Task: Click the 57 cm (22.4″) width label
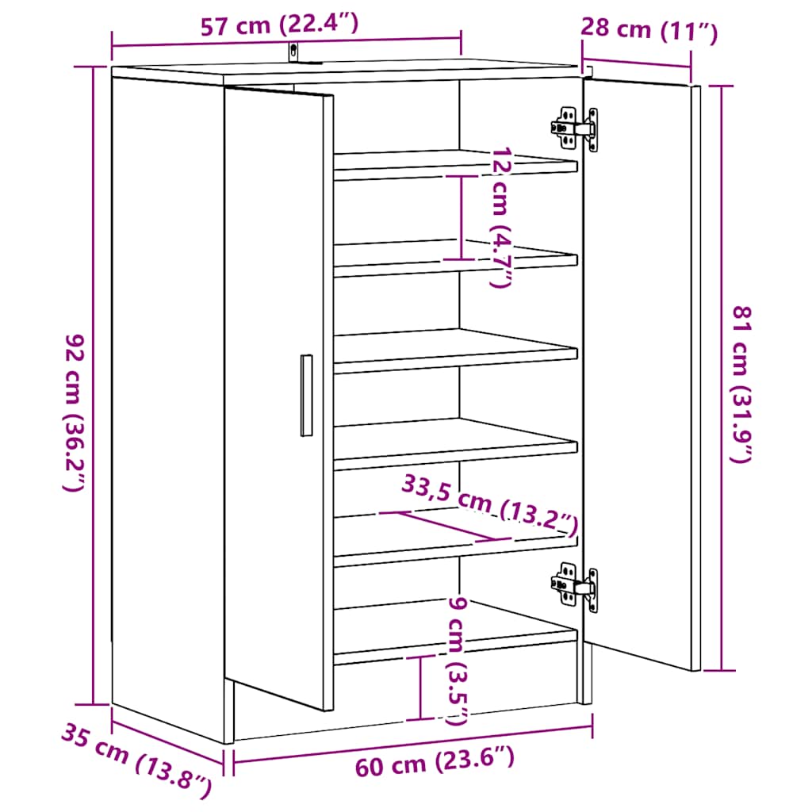coord(279,25)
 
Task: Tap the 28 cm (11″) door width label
coord(649,30)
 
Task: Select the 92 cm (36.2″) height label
coord(74,412)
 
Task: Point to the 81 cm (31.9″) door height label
coord(741,385)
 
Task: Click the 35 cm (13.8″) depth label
coord(136,760)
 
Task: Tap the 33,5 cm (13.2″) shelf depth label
coord(490,505)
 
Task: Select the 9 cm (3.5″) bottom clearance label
coord(458,661)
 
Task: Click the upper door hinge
coord(575,128)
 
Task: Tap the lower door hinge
coord(575,588)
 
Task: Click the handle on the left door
coord(307,395)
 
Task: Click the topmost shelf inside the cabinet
coord(456,165)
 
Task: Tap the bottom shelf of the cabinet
coord(456,634)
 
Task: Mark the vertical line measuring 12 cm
coord(461,217)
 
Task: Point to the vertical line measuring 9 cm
coord(420,688)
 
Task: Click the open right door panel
coord(641,374)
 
